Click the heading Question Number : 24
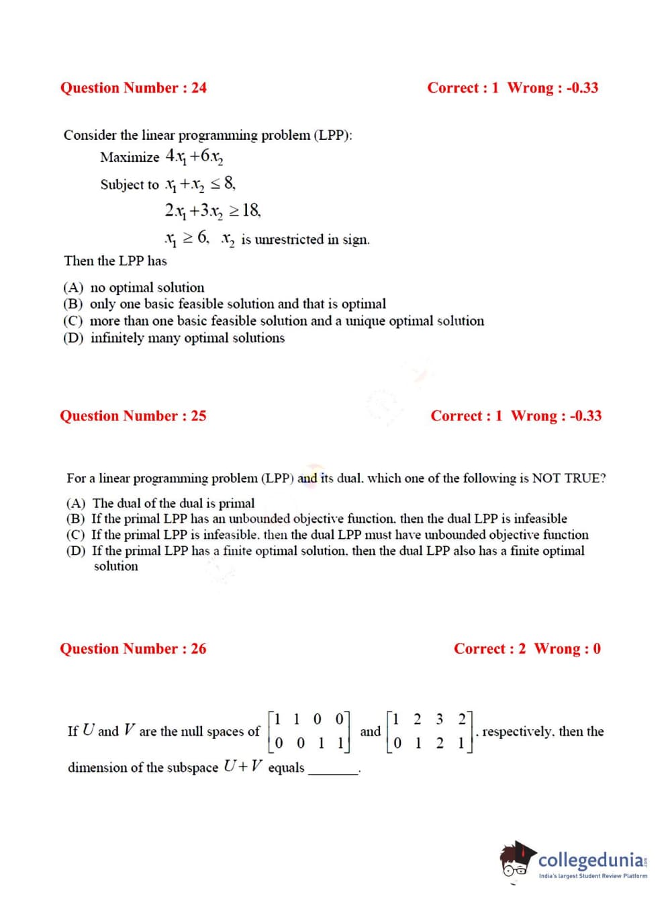tap(134, 88)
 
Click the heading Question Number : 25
tap(133, 416)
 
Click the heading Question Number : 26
tap(133, 649)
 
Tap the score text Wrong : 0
tap(567, 649)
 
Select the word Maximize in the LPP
tap(130, 157)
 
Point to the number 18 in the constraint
tap(251, 211)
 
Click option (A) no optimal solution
tap(134, 288)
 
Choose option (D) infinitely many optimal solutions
tap(174, 338)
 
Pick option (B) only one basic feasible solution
tap(224, 304)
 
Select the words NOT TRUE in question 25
tap(568, 478)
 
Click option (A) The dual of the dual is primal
tap(160, 503)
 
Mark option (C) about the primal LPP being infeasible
tap(327, 535)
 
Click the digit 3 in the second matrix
tap(440, 719)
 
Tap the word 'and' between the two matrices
tap(371, 732)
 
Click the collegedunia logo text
tap(591, 860)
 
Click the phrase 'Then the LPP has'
tap(115, 261)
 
